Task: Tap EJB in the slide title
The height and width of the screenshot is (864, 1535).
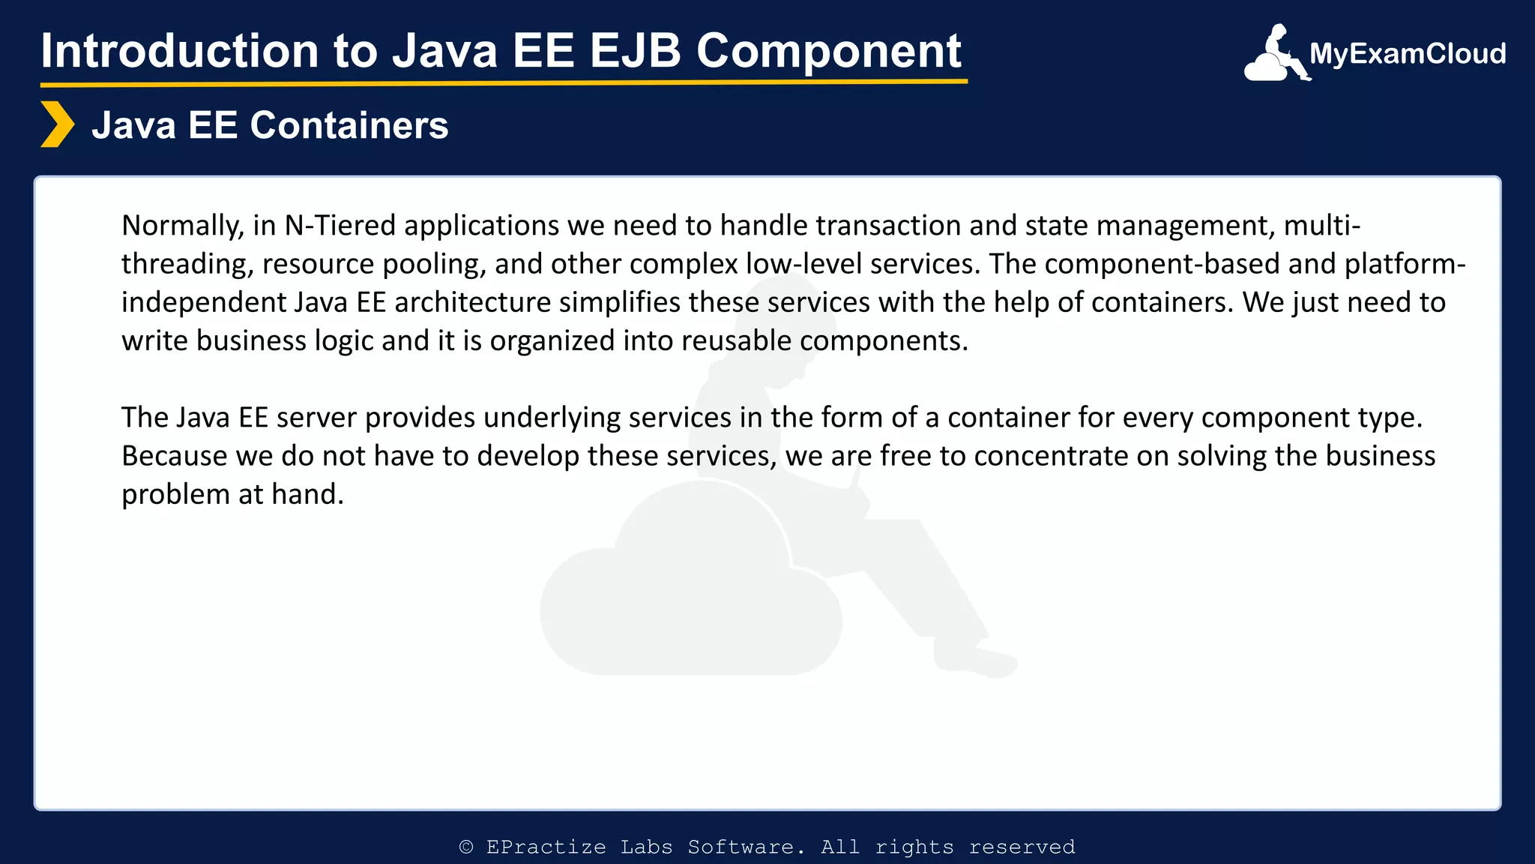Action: pos(635,51)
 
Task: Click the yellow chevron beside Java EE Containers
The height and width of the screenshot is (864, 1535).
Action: pos(57,124)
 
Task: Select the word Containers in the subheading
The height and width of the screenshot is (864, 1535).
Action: pos(349,125)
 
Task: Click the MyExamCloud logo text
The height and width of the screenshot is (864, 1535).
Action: pos(1407,54)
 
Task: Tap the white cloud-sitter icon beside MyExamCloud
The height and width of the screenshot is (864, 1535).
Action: pos(1275,54)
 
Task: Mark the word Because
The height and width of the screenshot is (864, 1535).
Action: pos(175,456)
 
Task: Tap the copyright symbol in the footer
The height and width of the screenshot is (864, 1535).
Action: pos(466,847)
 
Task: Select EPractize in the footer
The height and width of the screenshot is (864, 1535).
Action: pos(546,847)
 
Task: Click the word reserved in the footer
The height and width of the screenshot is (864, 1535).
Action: pos(1022,847)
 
